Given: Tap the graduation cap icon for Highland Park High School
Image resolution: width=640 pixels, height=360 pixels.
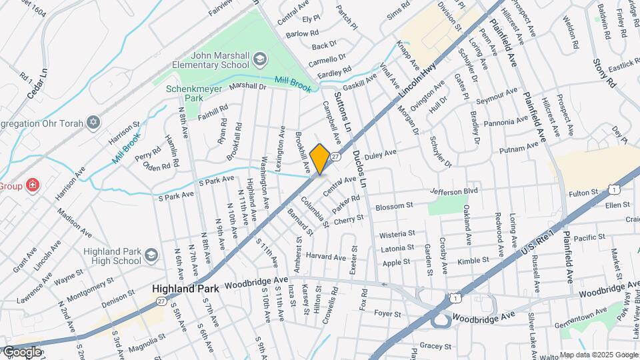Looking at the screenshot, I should coord(151,255).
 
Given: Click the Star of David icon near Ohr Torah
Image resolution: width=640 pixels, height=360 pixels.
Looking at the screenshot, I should coord(93,123).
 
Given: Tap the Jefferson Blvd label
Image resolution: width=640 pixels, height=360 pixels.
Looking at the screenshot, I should coord(455,191).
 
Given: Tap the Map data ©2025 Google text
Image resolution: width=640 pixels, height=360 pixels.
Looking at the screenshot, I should coord(599,355).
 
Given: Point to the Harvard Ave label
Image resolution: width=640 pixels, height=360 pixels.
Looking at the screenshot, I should coord(326,257).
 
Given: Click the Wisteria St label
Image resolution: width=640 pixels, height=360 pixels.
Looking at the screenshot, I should coord(397,235).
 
